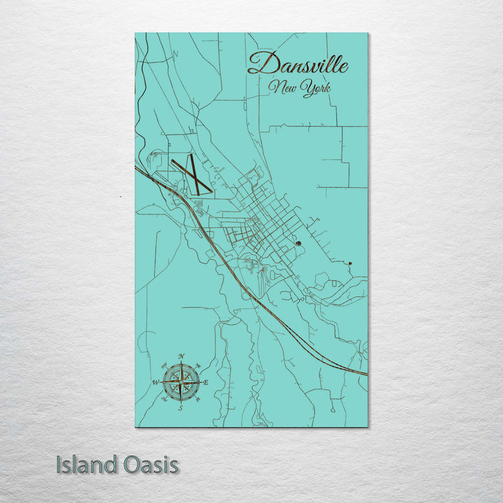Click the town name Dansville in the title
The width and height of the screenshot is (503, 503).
coord(298,65)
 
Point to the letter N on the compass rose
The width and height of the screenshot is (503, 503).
coord(182,357)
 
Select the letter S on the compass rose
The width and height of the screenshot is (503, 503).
coord(181,407)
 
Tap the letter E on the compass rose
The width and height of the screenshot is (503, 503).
coord(206,382)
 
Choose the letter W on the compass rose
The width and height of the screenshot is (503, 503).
coord(156,382)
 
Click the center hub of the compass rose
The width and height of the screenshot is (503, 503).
coord(181,382)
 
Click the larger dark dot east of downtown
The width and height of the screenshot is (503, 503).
coord(298,243)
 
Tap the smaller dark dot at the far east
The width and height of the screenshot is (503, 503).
coord(350,263)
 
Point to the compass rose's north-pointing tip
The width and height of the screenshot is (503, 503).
coord(181,363)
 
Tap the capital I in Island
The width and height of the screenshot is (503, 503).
coord(59,465)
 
